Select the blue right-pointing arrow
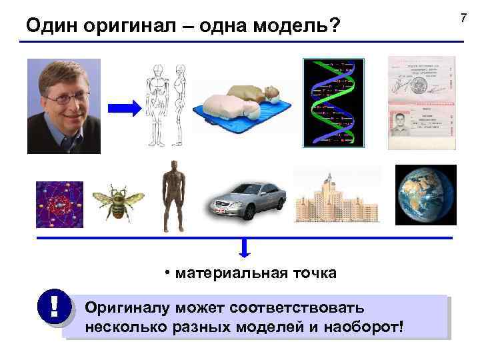(125, 107)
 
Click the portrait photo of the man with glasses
(64, 106)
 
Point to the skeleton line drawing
(166, 105)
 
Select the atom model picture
(59, 204)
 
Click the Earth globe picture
(425, 195)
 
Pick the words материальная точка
(256, 273)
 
